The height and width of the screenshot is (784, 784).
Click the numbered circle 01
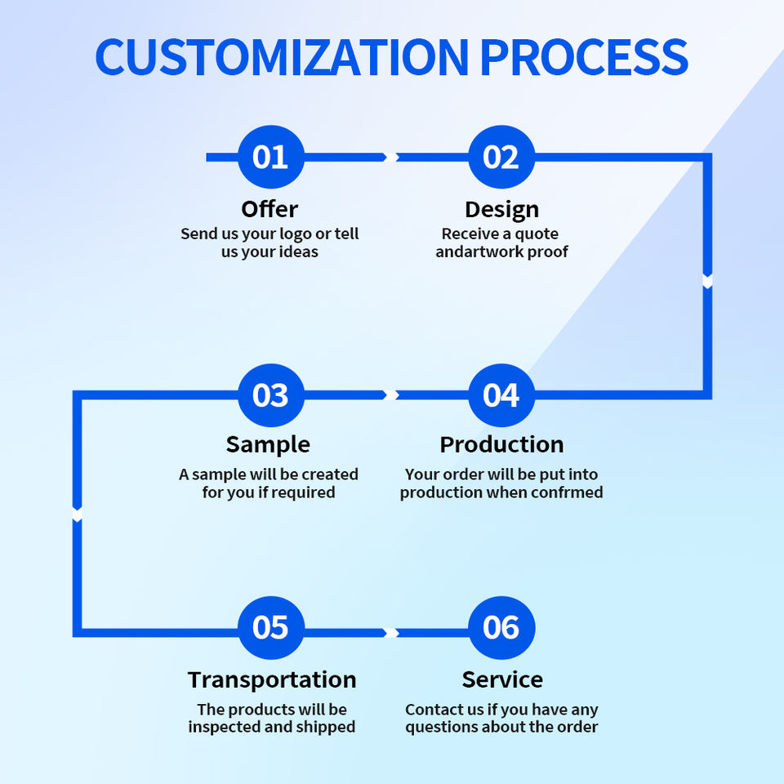pyautogui.click(x=270, y=157)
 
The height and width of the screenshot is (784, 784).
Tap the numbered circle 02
pyautogui.click(x=501, y=157)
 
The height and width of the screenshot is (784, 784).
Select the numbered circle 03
pyautogui.click(x=270, y=395)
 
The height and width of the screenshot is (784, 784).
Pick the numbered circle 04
pyautogui.click(x=501, y=395)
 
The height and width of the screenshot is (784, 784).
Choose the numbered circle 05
pyautogui.click(x=270, y=628)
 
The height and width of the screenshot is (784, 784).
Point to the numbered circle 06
pyautogui.click(x=501, y=628)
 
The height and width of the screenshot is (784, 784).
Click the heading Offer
pyautogui.click(x=269, y=209)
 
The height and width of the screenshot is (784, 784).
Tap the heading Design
pyautogui.click(x=501, y=209)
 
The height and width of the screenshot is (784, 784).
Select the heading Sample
pyautogui.click(x=268, y=444)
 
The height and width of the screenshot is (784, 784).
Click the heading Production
pyautogui.click(x=501, y=444)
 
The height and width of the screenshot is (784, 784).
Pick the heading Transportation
pyautogui.click(x=272, y=679)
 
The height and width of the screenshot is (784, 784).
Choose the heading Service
pyautogui.click(x=502, y=679)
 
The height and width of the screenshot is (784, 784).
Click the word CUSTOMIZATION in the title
pyautogui.click(x=282, y=56)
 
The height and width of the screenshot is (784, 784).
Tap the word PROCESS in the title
pyautogui.click(x=583, y=56)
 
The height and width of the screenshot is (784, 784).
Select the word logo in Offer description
pyautogui.click(x=296, y=234)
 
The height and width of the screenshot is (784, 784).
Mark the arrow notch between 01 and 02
pyautogui.click(x=390, y=157)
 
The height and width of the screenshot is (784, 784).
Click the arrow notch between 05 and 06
pyautogui.click(x=390, y=633)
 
